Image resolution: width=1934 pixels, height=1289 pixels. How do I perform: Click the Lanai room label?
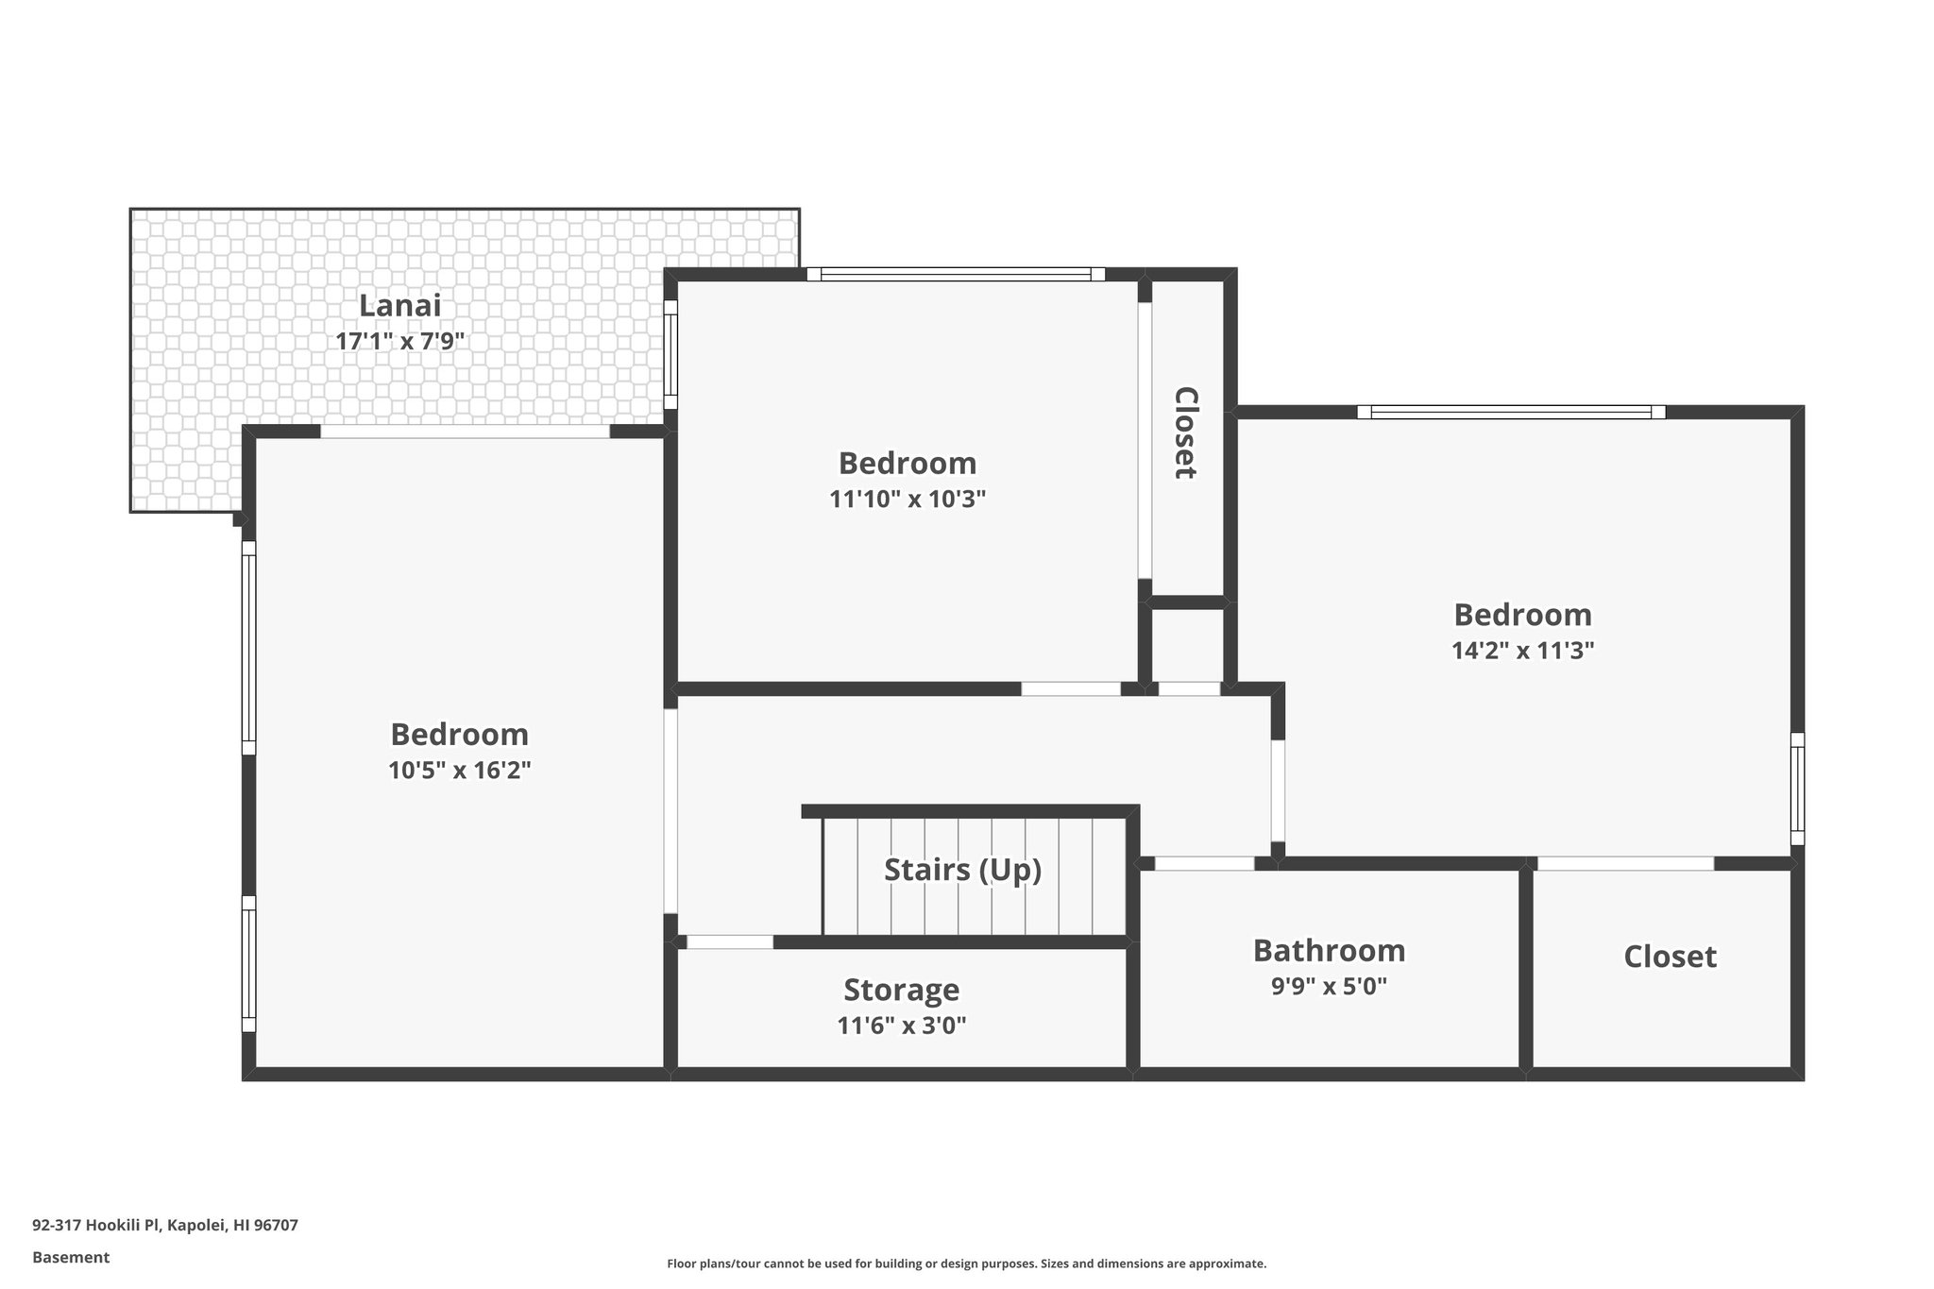coord(399,306)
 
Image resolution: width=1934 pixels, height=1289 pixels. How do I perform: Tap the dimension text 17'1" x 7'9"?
coord(399,341)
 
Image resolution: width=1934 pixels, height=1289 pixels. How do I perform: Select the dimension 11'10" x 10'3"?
coord(907,499)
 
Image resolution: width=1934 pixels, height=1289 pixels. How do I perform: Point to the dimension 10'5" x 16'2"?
coord(459,771)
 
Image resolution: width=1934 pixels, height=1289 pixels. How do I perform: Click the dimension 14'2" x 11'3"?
coord(1522,651)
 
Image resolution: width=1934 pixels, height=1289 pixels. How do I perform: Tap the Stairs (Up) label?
coord(962,870)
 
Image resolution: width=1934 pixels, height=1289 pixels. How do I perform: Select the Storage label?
coord(901,990)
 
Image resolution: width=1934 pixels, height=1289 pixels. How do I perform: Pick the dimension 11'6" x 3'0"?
coord(901,1026)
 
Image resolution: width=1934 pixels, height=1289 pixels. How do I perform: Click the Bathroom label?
coord(1329,951)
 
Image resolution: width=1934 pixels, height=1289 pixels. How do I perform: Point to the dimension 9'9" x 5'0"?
coord(1329,987)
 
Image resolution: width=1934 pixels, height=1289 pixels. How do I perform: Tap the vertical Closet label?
coord(1186,432)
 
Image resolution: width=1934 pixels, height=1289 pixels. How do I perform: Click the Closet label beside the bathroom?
coord(1669,957)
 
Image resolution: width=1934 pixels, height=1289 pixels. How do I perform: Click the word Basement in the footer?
coord(71,1258)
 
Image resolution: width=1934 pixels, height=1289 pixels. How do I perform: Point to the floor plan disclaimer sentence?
coord(966,1264)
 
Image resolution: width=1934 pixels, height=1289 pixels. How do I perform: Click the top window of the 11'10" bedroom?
coord(955,275)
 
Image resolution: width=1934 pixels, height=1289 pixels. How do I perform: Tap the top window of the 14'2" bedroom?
coord(1511,413)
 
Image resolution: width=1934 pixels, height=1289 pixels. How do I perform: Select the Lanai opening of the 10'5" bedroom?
coord(465,432)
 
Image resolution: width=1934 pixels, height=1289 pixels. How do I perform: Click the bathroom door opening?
coord(1204,863)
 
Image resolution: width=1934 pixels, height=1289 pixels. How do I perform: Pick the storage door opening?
coord(729,941)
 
